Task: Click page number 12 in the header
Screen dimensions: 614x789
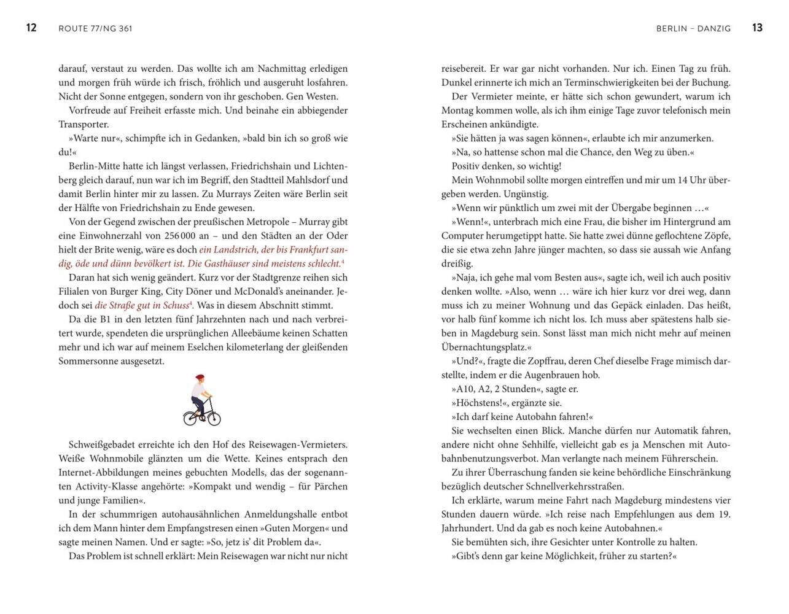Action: (31, 28)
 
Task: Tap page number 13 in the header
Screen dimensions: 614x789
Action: (757, 28)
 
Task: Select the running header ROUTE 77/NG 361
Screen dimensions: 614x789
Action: (95, 28)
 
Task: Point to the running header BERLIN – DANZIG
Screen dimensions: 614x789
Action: (693, 28)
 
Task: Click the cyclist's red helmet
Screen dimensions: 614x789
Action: (199, 378)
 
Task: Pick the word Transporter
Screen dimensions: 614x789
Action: (84, 124)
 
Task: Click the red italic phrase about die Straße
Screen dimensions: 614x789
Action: (142, 305)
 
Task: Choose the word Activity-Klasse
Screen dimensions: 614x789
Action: (91, 486)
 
